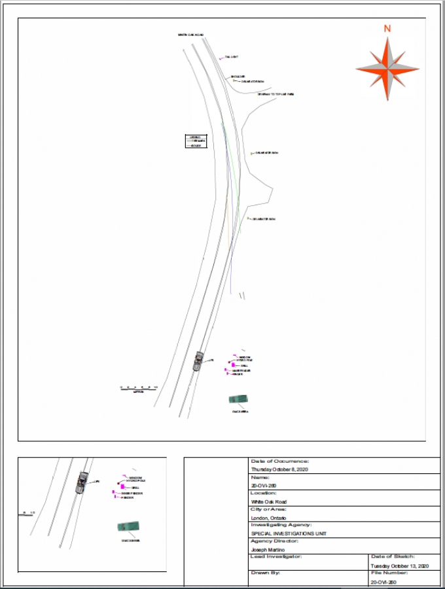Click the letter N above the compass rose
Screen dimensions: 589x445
387,28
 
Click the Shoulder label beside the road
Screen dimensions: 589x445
237,76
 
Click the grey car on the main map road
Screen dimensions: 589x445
198,361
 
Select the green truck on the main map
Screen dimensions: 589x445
238,399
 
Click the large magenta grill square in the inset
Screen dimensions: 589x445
122,487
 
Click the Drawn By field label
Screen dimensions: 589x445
265,573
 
